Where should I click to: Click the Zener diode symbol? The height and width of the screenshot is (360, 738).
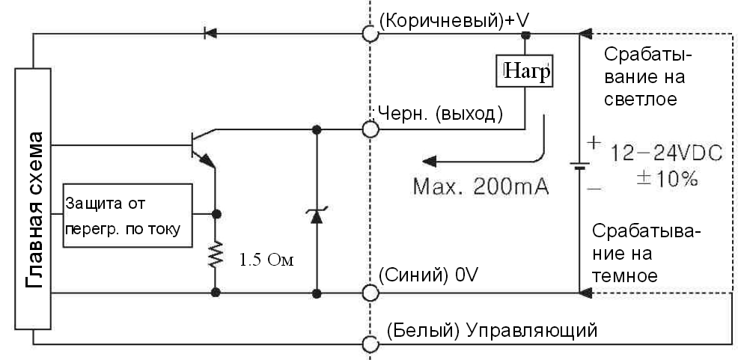coord(316,215)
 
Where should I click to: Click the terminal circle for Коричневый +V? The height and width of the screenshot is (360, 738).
coord(369,33)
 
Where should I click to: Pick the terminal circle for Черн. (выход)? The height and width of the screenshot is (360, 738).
coord(369,129)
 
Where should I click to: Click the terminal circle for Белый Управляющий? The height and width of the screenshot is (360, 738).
coord(369,344)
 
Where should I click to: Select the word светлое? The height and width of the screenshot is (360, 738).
coord(641,99)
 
